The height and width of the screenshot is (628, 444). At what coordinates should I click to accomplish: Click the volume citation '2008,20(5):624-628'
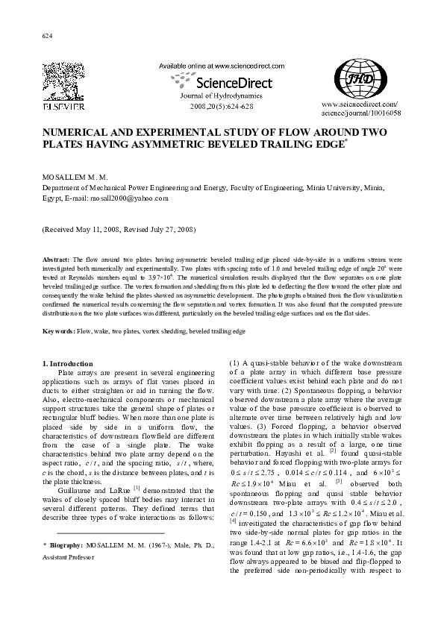222,107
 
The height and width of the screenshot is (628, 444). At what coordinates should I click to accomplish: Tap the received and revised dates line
118,230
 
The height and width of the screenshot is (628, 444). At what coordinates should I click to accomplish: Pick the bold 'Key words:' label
58,330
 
